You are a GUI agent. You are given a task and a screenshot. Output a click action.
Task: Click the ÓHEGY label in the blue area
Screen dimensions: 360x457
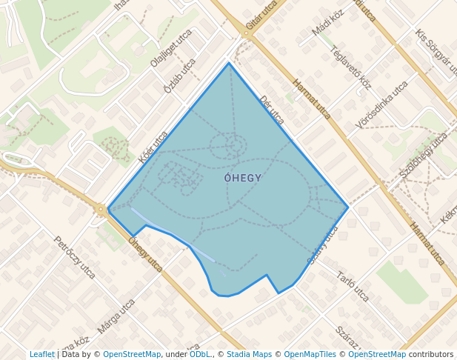click(x=242, y=178)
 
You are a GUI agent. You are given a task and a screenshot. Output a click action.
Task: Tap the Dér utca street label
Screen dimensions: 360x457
click(x=272, y=109)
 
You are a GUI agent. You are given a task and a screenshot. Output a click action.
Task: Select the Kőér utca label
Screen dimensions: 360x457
click(x=153, y=147)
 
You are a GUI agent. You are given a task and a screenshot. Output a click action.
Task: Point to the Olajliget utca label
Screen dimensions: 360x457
click(x=171, y=48)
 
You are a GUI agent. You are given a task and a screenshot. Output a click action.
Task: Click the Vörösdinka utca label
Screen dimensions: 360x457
click(x=381, y=104)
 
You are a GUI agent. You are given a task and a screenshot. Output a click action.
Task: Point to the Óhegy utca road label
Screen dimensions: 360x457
click(x=145, y=253)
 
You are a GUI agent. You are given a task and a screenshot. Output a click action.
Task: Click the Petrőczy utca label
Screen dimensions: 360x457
click(x=74, y=257)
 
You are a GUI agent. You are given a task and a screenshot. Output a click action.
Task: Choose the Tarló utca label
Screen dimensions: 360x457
click(x=353, y=287)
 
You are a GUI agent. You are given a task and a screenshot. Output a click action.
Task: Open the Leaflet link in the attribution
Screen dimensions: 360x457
click(x=41, y=354)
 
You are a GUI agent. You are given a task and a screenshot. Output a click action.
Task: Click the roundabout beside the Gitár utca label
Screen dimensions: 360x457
click(x=247, y=33)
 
